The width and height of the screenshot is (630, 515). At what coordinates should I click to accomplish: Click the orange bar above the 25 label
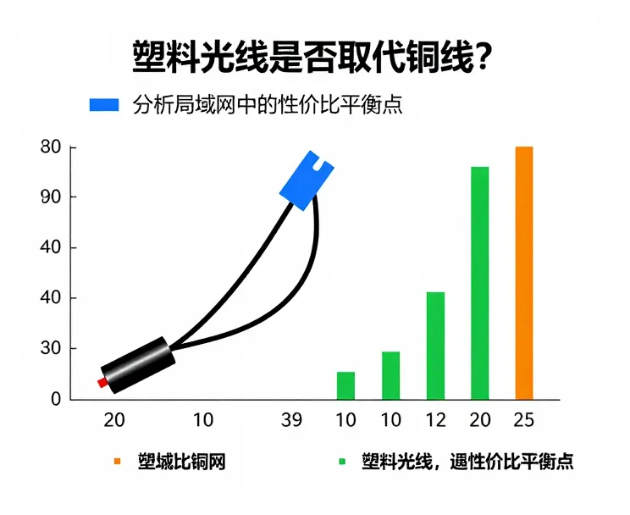(524, 273)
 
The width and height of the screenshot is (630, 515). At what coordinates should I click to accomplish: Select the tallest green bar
(479, 283)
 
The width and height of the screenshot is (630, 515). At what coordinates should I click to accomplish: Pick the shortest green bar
(345, 385)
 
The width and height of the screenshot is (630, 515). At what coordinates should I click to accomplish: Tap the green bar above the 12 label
(435, 346)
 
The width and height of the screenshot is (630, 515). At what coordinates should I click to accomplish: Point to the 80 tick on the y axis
(52, 147)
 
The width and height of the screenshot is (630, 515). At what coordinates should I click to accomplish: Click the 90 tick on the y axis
(52, 197)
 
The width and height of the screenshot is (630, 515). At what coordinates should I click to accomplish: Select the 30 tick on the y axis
(52, 348)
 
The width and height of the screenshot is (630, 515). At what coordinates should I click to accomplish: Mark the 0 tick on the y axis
(56, 399)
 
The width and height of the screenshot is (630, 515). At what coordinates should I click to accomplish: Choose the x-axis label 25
(525, 420)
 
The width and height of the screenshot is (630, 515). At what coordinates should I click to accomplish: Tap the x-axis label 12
(435, 420)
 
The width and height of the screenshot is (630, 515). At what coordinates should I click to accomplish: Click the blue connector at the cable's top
(306, 180)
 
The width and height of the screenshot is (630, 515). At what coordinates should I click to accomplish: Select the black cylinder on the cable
(139, 365)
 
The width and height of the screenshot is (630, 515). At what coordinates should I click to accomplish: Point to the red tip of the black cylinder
(102, 383)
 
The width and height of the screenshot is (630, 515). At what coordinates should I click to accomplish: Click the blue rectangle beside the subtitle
(105, 104)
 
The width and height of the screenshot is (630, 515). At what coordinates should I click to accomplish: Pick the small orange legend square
(117, 462)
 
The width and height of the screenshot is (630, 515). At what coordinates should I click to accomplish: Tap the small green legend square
(343, 462)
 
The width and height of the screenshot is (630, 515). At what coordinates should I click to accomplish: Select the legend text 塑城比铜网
(181, 462)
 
